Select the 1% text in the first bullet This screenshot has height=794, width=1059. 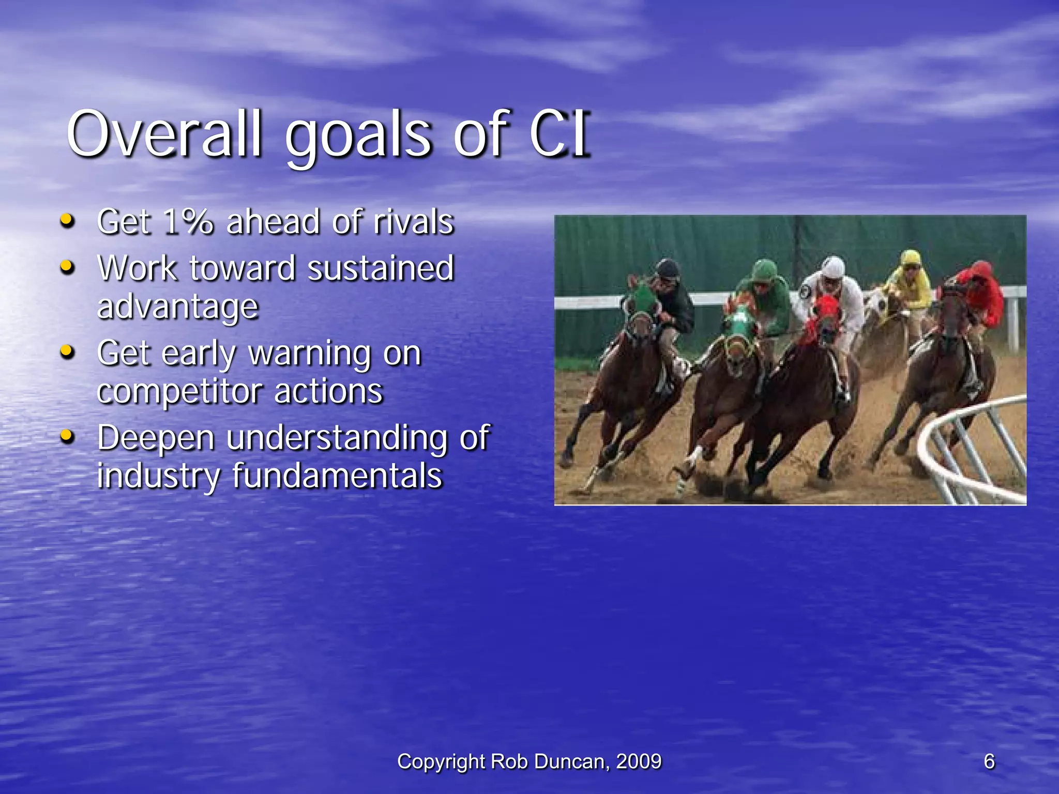[188, 222]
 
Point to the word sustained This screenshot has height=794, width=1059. [381, 269]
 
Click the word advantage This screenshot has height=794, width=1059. [178, 307]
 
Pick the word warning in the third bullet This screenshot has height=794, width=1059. [309, 355]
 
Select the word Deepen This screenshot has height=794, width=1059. [156, 438]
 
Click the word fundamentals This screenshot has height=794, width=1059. [337, 476]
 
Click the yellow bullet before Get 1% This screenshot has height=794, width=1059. [67, 221]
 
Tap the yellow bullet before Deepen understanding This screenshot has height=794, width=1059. [67, 437]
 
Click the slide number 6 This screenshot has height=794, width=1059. [989, 761]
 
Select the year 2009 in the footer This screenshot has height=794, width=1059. [639, 761]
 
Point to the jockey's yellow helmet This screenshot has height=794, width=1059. [910, 258]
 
